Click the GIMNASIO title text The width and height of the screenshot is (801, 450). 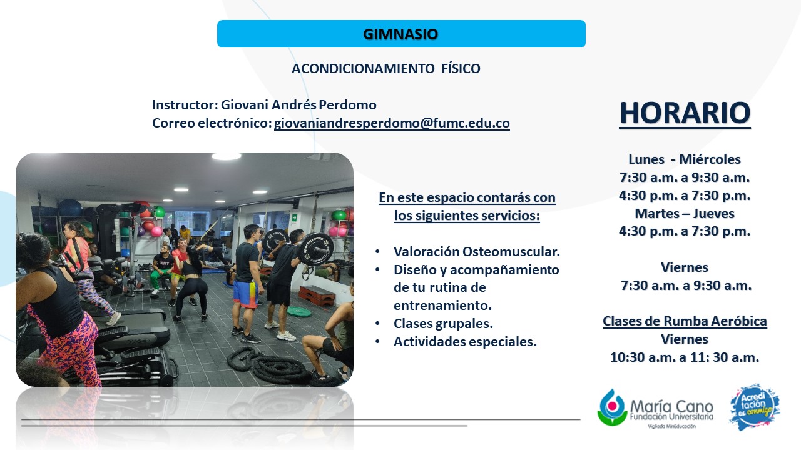[400, 34]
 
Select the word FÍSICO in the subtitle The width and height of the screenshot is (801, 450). [461, 68]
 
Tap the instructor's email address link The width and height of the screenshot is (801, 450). [392, 123]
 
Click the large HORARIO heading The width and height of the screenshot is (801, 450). [685, 113]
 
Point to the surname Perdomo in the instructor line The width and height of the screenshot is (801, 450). [347, 104]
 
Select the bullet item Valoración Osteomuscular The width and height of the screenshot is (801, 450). [477, 252]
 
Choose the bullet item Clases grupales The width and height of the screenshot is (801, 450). [443, 324]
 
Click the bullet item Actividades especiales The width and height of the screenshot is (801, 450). [465, 342]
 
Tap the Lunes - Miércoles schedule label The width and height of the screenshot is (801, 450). [685, 159]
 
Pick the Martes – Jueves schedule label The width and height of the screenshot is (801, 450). [685, 214]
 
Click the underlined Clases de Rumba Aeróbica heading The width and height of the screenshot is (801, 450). [685, 321]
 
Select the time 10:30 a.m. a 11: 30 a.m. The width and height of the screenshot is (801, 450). [685, 357]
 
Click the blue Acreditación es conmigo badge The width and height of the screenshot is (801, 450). [755, 407]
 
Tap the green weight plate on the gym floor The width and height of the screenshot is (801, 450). [299, 312]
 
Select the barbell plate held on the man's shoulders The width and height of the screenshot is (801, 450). [315, 249]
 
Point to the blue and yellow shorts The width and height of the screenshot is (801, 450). [245, 294]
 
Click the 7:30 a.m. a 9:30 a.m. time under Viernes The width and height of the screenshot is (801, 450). [686, 286]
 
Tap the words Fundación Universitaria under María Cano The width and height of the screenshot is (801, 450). [671, 417]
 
